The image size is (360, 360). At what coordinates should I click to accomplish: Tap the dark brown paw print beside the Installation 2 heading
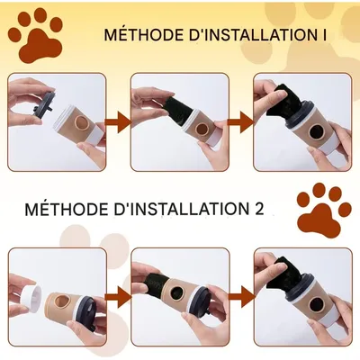point(324,210)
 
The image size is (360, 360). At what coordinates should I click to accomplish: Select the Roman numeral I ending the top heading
point(324,35)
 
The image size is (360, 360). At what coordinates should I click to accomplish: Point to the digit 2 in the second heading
point(258,209)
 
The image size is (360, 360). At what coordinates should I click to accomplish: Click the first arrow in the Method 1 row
point(118,122)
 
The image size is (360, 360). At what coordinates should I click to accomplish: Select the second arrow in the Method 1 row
point(241,122)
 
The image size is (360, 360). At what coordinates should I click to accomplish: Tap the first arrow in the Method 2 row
point(118,297)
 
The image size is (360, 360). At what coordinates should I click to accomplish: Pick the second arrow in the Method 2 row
point(241,297)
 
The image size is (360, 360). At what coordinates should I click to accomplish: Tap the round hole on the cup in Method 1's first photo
point(81,123)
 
